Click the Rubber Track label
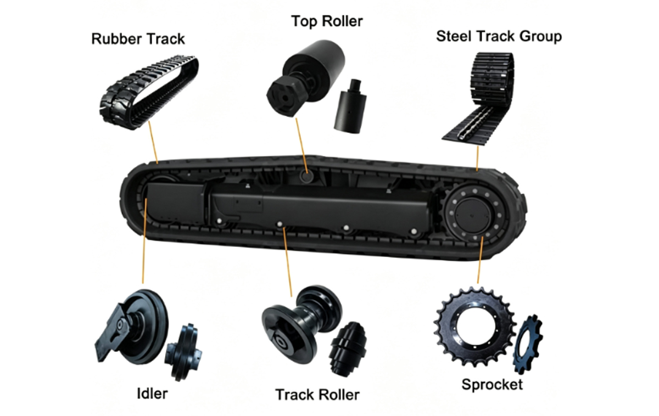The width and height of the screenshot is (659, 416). [x=138, y=39]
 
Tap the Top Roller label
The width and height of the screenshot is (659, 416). [x=327, y=21]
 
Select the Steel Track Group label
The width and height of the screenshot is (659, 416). [x=499, y=36]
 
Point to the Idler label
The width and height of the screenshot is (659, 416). [x=153, y=393]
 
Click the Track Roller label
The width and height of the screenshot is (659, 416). [x=317, y=395]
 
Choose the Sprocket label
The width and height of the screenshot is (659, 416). [x=492, y=385]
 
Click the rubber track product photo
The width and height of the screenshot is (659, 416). [x=149, y=92]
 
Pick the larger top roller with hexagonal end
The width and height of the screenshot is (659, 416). [x=305, y=77]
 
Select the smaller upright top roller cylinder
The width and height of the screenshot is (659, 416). [x=350, y=107]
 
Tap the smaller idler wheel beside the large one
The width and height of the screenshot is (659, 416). [x=183, y=352]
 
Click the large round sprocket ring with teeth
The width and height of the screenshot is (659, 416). [x=475, y=327]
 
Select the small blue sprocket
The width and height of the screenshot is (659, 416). [x=528, y=344]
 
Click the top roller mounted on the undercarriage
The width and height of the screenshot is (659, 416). [x=306, y=176]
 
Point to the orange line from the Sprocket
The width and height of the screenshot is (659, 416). [x=480, y=260]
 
